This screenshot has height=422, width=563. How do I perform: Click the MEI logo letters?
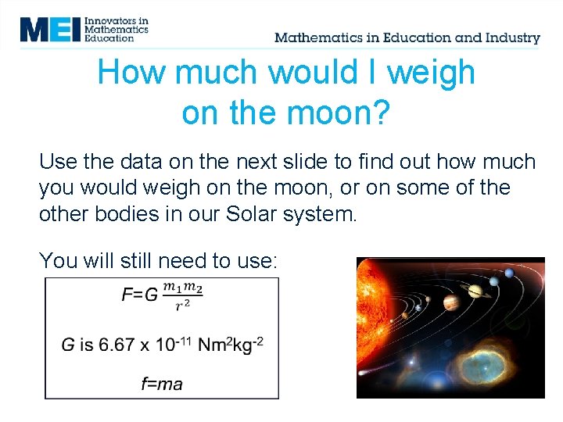pyautogui.click(x=49, y=29)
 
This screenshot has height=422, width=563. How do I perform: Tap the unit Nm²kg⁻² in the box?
pyautogui.click(x=231, y=344)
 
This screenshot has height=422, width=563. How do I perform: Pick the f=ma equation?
pyautogui.click(x=162, y=383)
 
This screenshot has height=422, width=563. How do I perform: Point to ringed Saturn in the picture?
pyautogui.click(x=476, y=291)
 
